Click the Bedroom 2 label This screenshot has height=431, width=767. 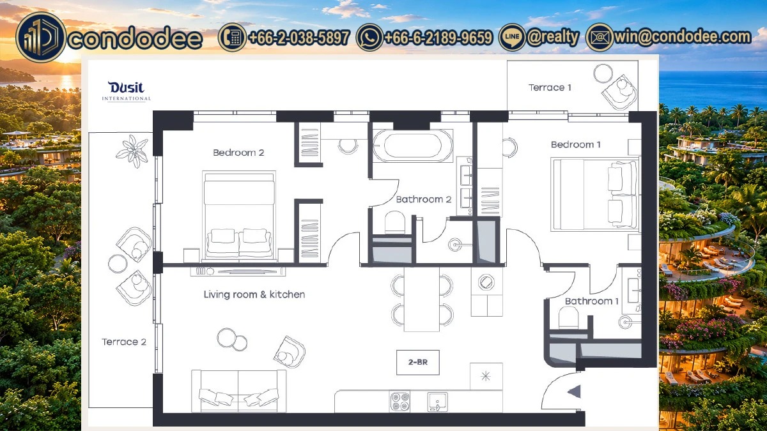coord(238,153)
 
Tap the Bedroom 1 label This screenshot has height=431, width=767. coord(576,145)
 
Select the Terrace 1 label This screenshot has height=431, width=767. coord(550,87)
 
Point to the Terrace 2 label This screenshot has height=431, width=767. coord(124,342)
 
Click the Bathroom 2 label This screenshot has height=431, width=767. coord(424,199)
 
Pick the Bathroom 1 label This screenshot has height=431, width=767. coord(592,301)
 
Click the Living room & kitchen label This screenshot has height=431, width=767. coord(254,294)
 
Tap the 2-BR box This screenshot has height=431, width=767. coord(418,362)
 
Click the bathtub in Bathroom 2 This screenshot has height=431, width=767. coord(413,146)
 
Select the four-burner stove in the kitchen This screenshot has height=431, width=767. coord(400,402)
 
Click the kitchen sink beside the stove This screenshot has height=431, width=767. coord(437,402)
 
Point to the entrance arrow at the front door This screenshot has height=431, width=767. coord(575,391)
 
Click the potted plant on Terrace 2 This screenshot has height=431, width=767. coord(132,151)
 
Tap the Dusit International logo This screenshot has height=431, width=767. coord(127,91)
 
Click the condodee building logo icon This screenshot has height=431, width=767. coord(41,37)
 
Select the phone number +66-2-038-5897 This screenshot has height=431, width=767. coord(299,37)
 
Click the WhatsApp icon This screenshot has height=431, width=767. coord(369,37)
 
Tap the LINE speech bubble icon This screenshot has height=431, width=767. coord(512,37)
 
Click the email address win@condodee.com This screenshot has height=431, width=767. coord(682,37)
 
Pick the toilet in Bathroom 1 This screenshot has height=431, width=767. coord(568,318)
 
